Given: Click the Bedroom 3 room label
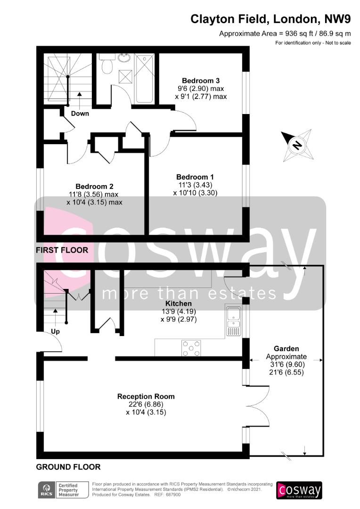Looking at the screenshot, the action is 201,81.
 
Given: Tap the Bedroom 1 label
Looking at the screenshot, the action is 195,177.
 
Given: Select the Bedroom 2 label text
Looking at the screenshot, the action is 94,186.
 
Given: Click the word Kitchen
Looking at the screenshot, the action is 179,304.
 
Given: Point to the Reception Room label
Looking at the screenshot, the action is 146,396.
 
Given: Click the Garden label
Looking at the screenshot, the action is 286,349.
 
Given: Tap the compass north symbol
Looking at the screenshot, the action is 297,145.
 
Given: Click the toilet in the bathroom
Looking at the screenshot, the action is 107,64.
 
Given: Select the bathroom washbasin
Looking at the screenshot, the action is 124,58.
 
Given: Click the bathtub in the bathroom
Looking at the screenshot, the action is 145,79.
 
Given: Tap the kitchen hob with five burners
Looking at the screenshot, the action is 191,348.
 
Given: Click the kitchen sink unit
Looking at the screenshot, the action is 233,320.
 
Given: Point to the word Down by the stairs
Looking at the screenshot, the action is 80,113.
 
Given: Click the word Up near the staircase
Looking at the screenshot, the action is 55,331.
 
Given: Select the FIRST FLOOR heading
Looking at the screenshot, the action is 62,250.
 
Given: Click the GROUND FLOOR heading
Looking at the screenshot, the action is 68,467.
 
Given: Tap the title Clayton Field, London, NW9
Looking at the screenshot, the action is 270,19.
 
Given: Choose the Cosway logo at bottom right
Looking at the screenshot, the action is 299,490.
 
